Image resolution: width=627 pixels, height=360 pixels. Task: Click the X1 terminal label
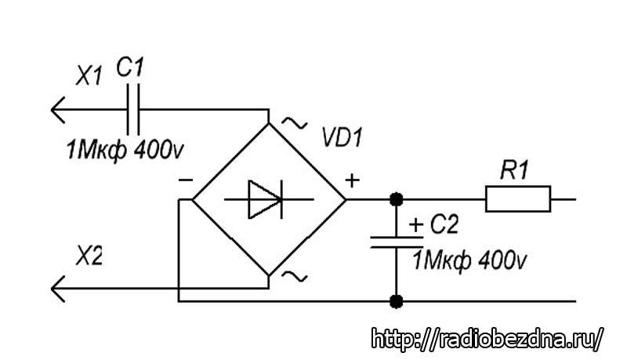click(x=88, y=77)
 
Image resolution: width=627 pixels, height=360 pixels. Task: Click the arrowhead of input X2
click(x=58, y=290)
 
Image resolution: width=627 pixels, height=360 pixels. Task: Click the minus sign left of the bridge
click(x=185, y=180)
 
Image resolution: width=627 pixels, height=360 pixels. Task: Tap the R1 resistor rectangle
click(x=518, y=199)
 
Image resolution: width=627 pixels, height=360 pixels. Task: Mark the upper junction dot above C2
click(x=397, y=199)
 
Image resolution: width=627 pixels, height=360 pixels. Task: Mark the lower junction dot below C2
click(x=397, y=300)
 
